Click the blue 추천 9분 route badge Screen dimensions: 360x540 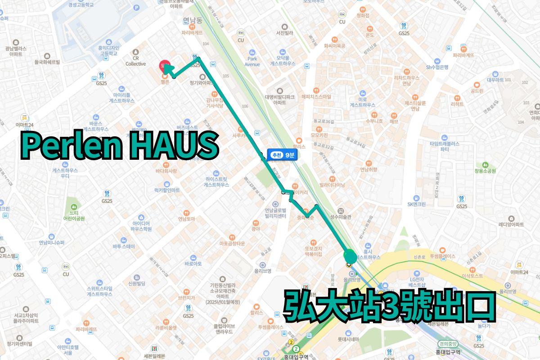(x=282, y=155)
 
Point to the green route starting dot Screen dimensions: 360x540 (x=350, y=256)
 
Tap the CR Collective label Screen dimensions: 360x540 (x=135, y=61)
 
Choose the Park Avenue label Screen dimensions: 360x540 (x=252, y=62)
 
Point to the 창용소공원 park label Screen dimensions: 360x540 (x=485, y=171)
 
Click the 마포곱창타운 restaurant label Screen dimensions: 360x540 (x=232, y=243)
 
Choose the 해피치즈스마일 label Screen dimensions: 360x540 (x=316, y=96)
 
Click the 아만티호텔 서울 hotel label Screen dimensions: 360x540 (x=67, y=350)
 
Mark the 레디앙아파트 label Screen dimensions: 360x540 (x=511, y=224)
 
